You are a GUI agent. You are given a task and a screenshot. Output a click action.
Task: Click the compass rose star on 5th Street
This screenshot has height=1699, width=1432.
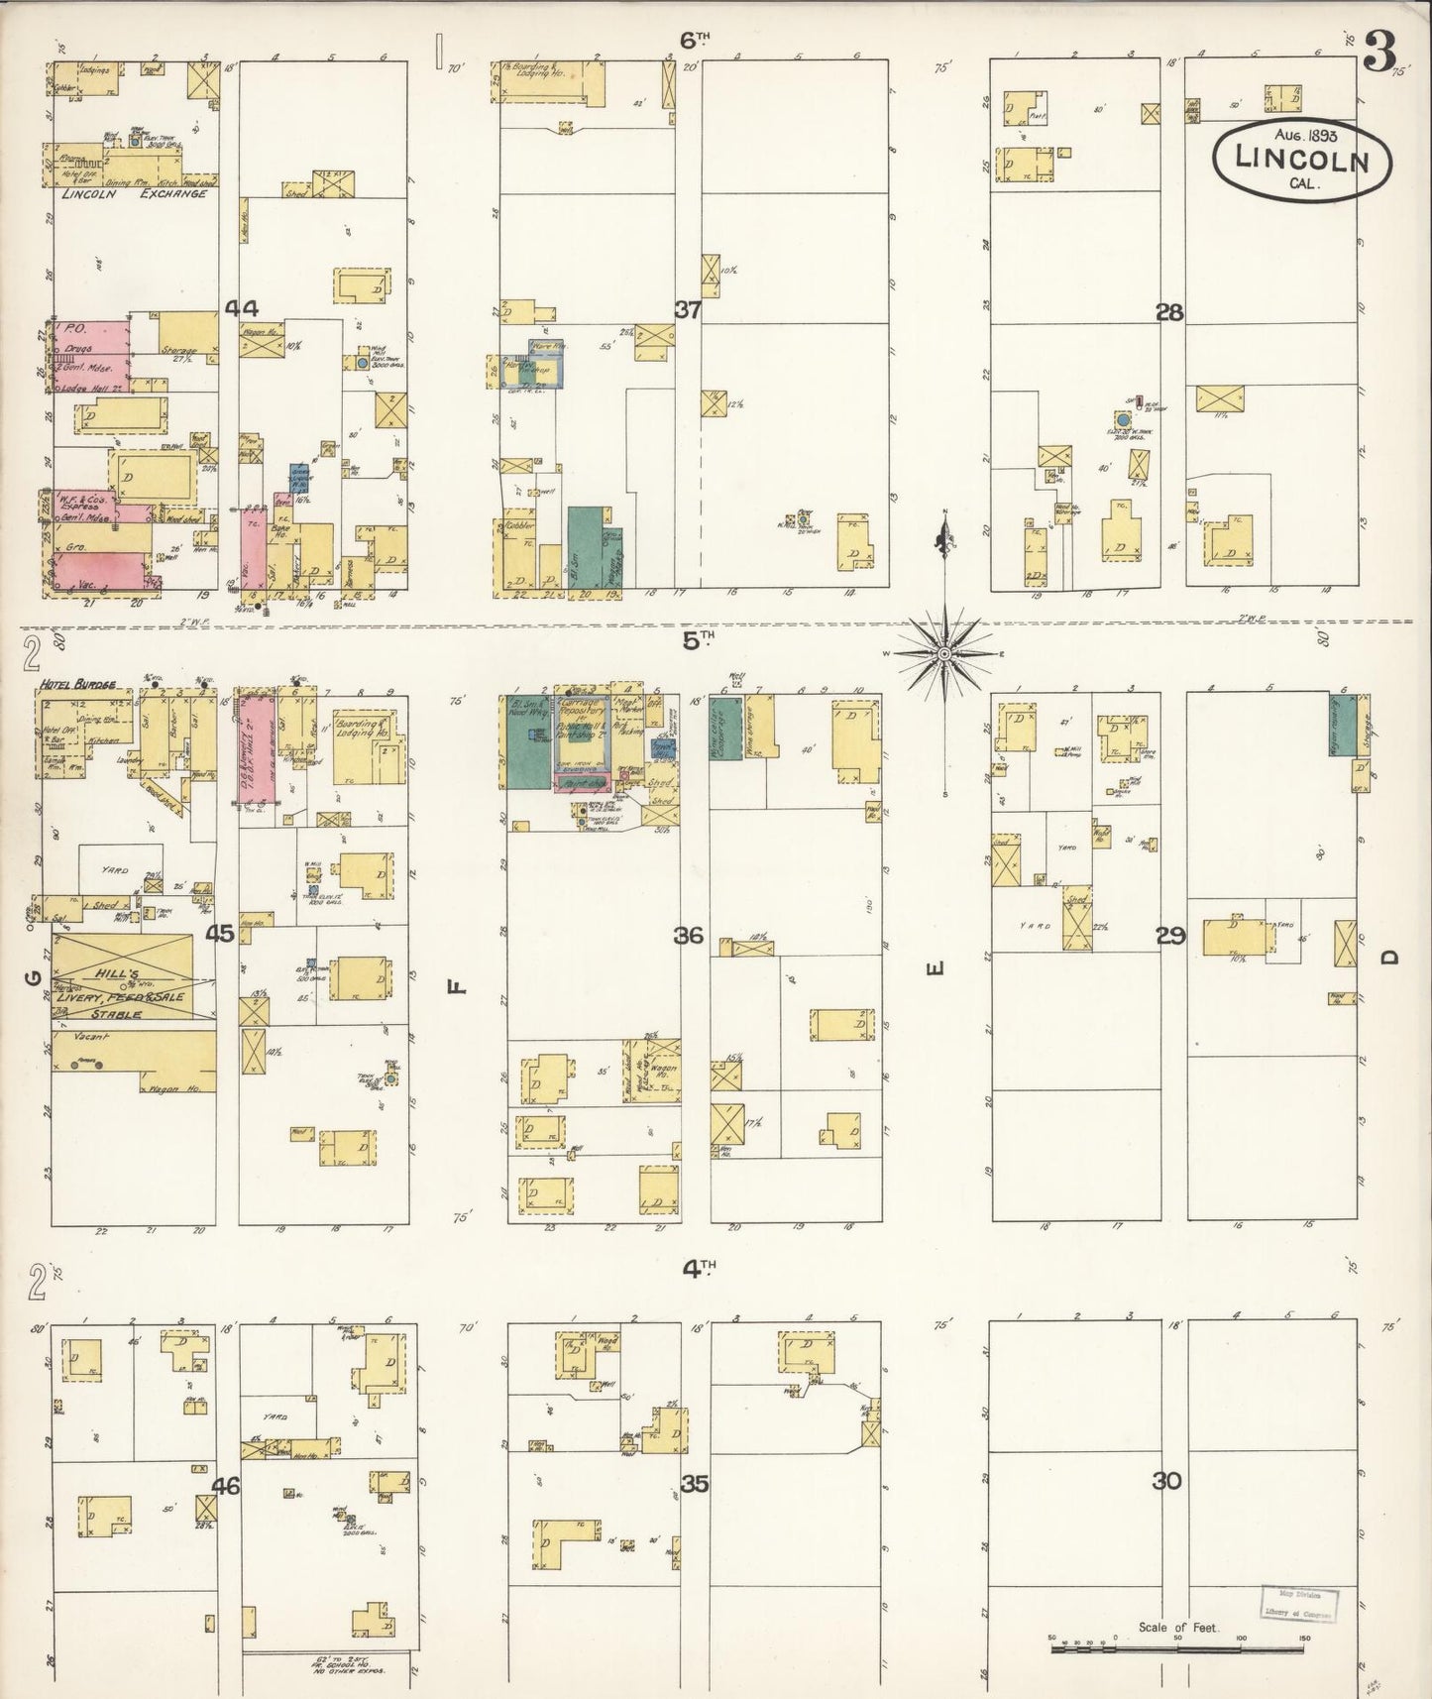(x=945, y=653)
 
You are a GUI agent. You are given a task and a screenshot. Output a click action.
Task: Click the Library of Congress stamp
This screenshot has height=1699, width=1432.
(x=1298, y=1603)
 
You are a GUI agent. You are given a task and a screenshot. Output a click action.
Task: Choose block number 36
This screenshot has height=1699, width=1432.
(x=689, y=935)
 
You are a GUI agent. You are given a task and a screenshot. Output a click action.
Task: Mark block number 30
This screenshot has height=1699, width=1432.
(x=1167, y=1482)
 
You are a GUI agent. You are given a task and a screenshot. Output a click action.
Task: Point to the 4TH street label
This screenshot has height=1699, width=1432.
(x=698, y=1266)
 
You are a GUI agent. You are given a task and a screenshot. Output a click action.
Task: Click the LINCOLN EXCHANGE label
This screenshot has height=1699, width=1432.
(x=134, y=194)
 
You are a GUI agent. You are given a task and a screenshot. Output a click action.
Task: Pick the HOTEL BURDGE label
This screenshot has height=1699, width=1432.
(x=78, y=684)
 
